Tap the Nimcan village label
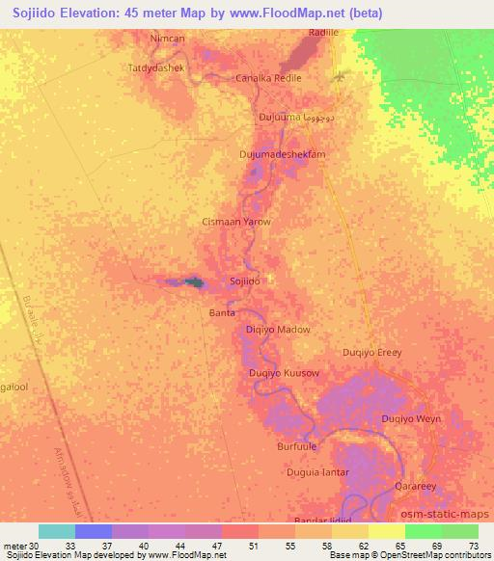pyautogui.click(x=167, y=38)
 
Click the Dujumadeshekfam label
pyautogui.click(x=283, y=154)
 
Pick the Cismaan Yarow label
pyautogui.click(x=235, y=222)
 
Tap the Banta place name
pyautogui.click(x=223, y=312)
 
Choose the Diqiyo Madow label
pyautogui.click(x=278, y=330)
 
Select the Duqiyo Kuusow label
pyautogui.click(x=284, y=373)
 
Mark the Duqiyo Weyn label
pyautogui.click(x=411, y=419)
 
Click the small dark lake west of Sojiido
pyautogui.click(x=194, y=282)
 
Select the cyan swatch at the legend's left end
pyautogui.click(x=57, y=531)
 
